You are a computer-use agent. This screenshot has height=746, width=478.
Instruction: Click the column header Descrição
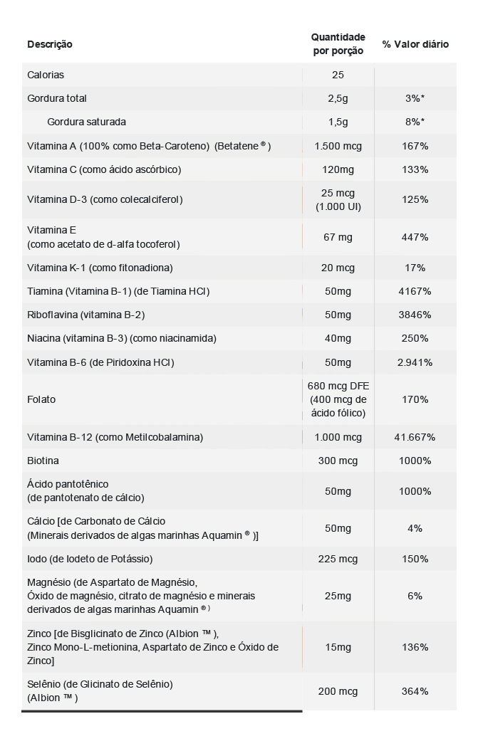pyautogui.click(x=50, y=44)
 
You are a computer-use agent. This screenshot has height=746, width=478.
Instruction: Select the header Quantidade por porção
pyautogui.click(x=338, y=43)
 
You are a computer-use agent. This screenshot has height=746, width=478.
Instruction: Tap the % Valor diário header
pyautogui.click(x=415, y=44)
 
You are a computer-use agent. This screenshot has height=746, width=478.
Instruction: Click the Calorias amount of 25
pyautogui.click(x=338, y=75)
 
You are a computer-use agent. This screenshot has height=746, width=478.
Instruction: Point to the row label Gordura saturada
pyautogui.click(x=86, y=122)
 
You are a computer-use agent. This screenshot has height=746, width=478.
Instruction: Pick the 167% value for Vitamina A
pyautogui.click(x=415, y=146)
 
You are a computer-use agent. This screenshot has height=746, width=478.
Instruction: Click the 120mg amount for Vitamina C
pyautogui.click(x=338, y=169)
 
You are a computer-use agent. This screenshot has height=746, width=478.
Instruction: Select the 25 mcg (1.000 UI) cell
pyautogui.click(x=338, y=200)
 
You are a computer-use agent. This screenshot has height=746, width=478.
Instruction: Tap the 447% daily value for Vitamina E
pyautogui.click(x=415, y=237)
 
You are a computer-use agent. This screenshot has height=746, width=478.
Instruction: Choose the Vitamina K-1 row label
pyautogui.click(x=100, y=268)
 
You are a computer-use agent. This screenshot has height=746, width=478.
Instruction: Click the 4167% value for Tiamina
pyautogui.click(x=415, y=291)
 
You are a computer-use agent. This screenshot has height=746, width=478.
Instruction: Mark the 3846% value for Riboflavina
pyautogui.click(x=415, y=315)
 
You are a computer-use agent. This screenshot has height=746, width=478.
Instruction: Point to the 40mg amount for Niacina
pyautogui.click(x=338, y=338)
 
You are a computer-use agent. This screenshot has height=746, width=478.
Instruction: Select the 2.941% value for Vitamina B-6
pyautogui.click(x=415, y=362)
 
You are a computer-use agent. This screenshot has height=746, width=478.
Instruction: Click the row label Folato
pyautogui.click(x=41, y=399)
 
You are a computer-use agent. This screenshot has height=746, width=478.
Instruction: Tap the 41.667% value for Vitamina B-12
pyautogui.click(x=415, y=437)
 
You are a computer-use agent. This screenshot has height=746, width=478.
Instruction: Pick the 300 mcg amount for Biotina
pyautogui.click(x=338, y=461)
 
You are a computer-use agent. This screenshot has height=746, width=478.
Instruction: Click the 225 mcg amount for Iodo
pyautogui.click(x=338, y=559)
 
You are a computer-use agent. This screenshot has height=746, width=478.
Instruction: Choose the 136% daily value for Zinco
pyautogui.click(x=415, y=647)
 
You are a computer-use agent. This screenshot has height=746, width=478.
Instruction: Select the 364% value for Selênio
pyautogui.click(x=415, y=691)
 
